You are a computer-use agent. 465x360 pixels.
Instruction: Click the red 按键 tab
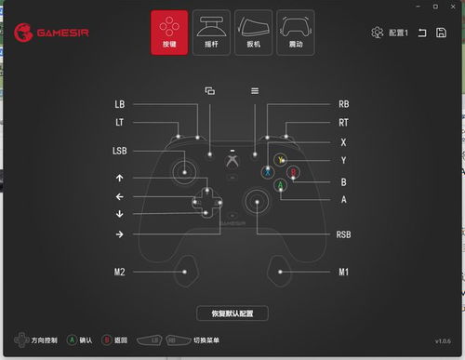(169, 33)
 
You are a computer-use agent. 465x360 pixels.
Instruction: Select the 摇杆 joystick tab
(211, 33)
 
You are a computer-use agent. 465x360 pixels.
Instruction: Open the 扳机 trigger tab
(254, 33)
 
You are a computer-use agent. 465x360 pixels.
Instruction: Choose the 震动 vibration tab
(296, 33)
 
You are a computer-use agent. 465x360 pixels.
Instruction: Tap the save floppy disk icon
(441, 33)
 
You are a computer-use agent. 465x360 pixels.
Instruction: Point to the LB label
(120, 104)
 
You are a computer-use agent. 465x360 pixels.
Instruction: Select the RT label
(343, 122)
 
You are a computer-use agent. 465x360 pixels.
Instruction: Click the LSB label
(120, 150)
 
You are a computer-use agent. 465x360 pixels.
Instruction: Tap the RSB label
(343, 234)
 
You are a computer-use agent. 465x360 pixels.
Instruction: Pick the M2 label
(120, 272)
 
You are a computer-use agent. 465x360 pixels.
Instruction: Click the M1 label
(343, 272)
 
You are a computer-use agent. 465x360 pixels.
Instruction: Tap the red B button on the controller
(292, 172)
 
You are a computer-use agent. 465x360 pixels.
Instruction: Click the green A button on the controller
(280, 185)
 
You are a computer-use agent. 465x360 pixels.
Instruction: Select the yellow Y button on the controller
(280, 160)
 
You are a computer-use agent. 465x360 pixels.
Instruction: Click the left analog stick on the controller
(186, 170)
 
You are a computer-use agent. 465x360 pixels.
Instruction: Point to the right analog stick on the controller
(255, 200)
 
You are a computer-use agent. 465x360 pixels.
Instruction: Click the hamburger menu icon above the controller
(255, 90)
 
